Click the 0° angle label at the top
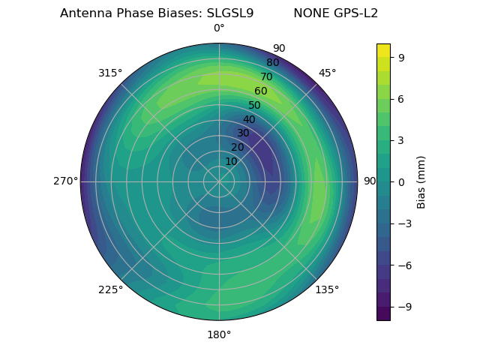pyautogui.click(x=219, y=28)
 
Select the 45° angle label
pyautogui.click(x=327, y=73)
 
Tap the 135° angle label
pyautogui.click(x=327, y=289)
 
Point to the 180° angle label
pyautogui.click(x=219, y=334)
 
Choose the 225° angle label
pyautogui.click(x=110, y=289)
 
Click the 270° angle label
pyautogui.click(x=65, y=181)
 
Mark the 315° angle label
pyautogui.click(x=110, y=73)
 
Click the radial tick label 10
pyautogui.click(x=231, y=161)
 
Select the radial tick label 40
pyautogui.click(x=249, y=119)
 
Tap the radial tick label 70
pyautogui.click(x=266, y=76)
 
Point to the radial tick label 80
pyautogui.click(x=272, y=62)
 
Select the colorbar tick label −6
pyautogui.click(x=403, y=265)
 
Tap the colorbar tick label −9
pyautogui.click(x=403, y=307)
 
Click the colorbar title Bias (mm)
pyautogui.click(x=421, y=181)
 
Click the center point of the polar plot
pyautogui.click(x=219, y=181)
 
